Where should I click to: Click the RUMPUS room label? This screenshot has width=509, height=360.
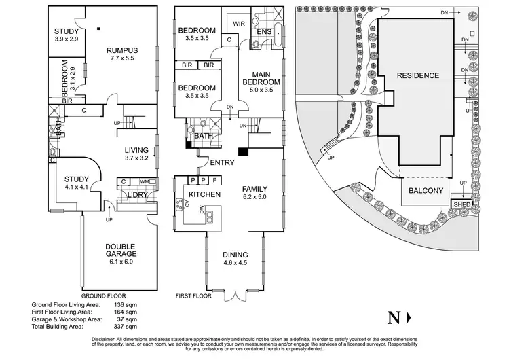click(x=122, y=50)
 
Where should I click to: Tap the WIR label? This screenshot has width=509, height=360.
click(x=238, y=24)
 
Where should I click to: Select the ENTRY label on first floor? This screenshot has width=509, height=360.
click(x=222, y=163)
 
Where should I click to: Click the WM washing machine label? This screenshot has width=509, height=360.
click(x=144, y=181)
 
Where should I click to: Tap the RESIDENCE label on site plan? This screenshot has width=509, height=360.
click(x=418, y=75)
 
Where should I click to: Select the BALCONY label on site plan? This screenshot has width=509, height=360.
click(x=426, y=191)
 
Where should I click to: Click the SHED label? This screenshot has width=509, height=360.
click(x=462, y=204)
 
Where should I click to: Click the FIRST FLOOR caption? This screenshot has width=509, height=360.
click(x=194, y=297)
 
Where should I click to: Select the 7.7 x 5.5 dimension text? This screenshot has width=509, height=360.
click(x=123, y=59)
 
